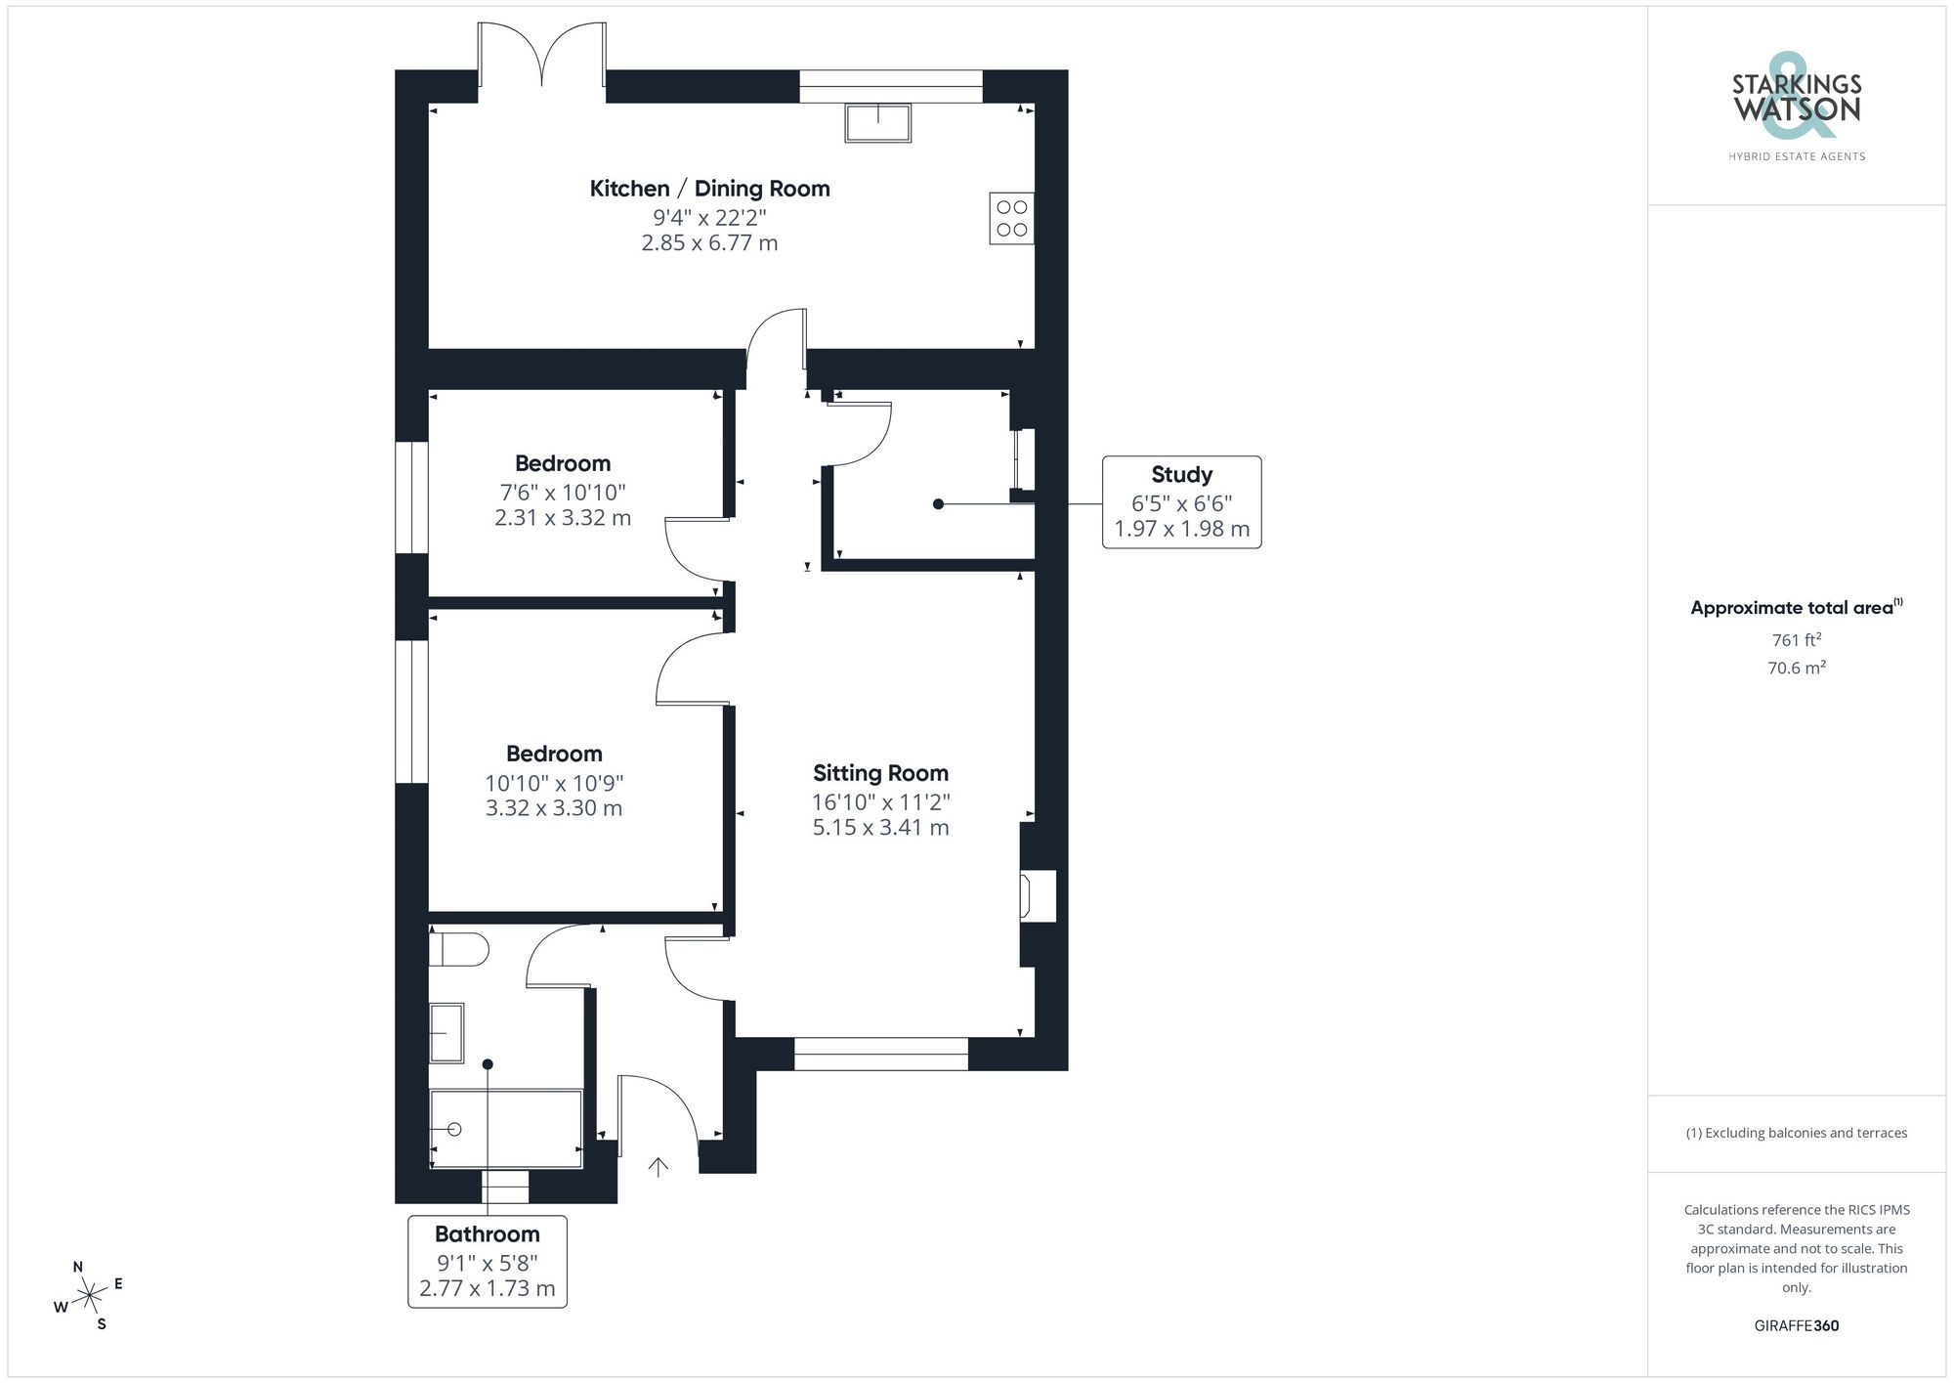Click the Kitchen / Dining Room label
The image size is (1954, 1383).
coord(709,189)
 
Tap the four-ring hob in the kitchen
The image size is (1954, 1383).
coord(1011,218)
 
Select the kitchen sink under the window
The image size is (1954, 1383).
coord(877,123)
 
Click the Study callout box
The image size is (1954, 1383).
coord(1181,501)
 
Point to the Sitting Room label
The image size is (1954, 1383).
coord(880,773)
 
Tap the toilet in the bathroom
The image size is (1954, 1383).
coord(459,948)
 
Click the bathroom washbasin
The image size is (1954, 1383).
coord(446,1032)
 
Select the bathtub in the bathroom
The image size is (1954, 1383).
coord(506,1128)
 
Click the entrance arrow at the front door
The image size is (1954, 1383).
coord(658,1166)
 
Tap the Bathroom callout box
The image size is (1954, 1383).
coord(487,1261)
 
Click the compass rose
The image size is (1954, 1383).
coord(89,1296)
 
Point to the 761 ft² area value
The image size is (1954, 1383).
coord(1796,640)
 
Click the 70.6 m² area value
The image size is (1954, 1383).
coord(1796,668)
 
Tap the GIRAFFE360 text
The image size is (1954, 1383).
coord(1796,1325)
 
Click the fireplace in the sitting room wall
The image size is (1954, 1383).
coord(1037,895)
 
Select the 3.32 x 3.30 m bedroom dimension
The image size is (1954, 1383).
coord(553,808)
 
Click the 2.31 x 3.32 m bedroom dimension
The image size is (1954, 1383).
coord(562,518)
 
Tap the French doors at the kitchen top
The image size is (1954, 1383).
coord(541,59)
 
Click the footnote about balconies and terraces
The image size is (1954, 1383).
coord(1796,1133)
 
